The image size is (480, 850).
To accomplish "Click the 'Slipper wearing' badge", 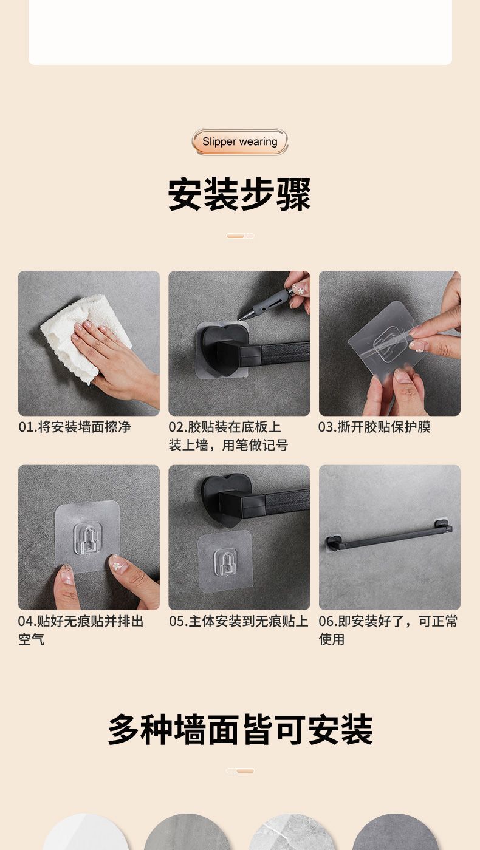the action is pos(239,141).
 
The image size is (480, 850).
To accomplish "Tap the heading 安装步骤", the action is pos(239,194).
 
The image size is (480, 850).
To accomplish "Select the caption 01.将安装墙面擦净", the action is pos(75,427).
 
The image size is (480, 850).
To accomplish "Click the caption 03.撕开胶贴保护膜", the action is pos(374,427).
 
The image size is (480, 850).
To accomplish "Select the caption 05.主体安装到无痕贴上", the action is pos(238,621).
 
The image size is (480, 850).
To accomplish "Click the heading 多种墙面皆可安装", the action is pos(240,729).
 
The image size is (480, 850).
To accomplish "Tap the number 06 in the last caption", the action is pos(327,621).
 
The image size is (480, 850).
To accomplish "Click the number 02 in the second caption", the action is pos(177,427).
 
